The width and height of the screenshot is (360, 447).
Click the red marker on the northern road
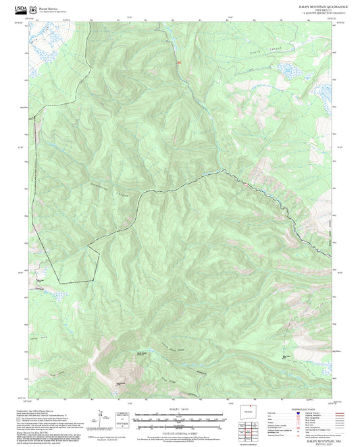(179, 63)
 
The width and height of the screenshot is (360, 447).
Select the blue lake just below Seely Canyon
(283, 70)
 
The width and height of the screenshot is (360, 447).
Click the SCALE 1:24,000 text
(180, 409)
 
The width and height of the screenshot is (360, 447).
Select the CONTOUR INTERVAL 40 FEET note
(180, 433)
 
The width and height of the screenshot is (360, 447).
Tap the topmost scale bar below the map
(180, 415)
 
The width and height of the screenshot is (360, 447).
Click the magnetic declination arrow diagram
(101, 419)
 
